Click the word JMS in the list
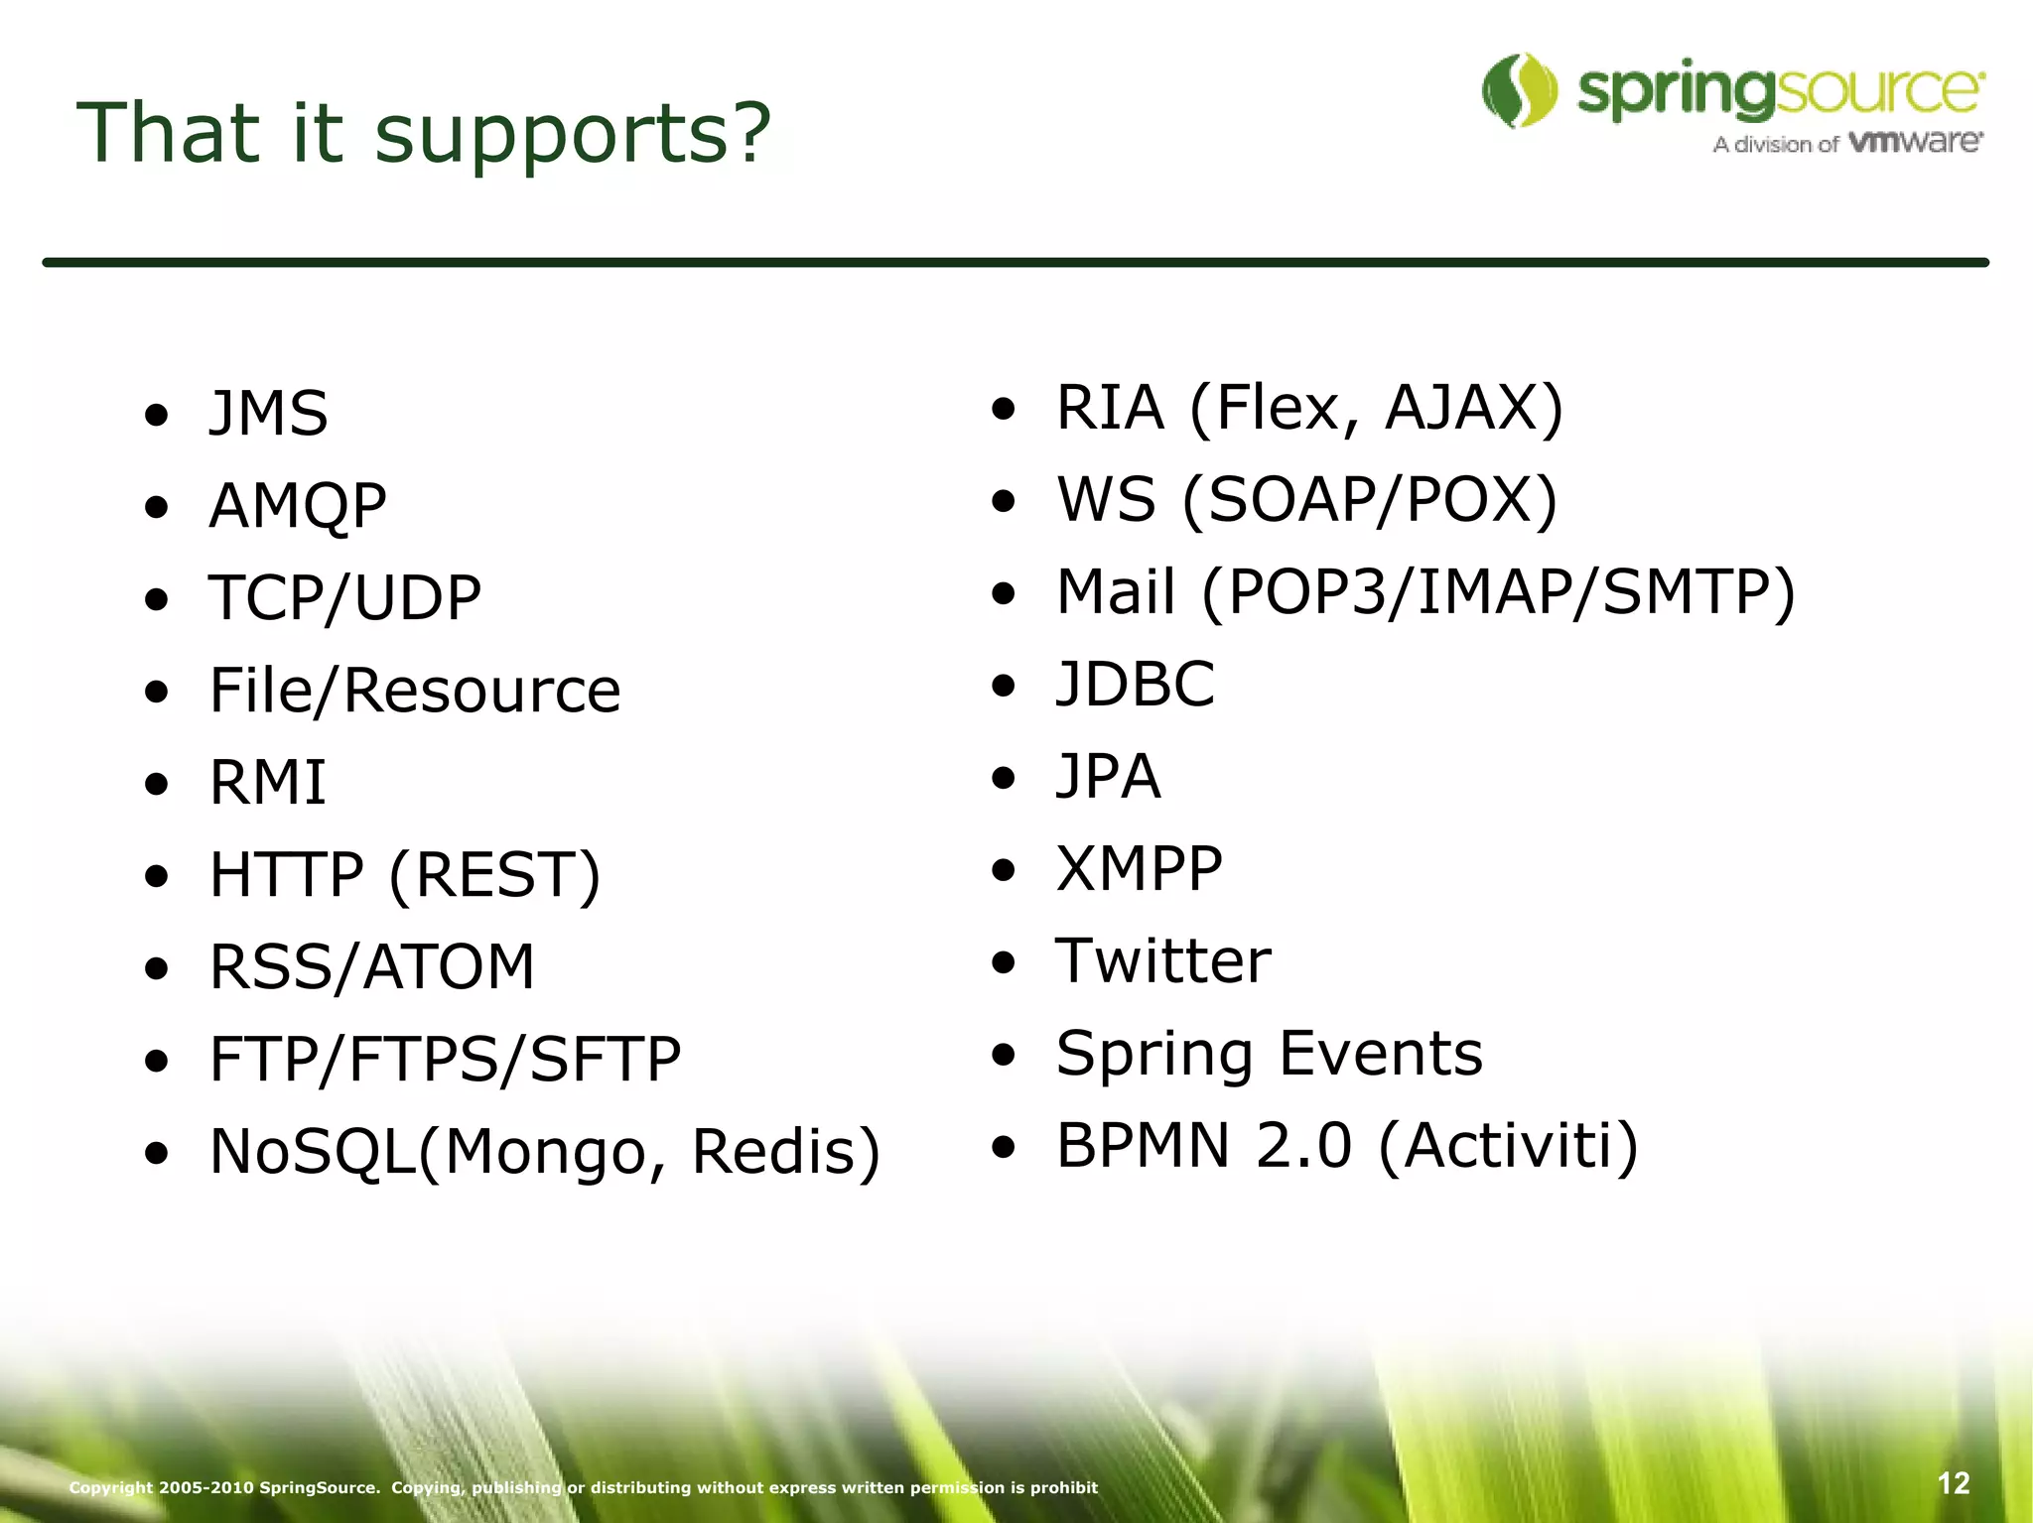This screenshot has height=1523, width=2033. (x=268, y=414)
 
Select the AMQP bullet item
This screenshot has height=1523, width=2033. (x=297, y=506)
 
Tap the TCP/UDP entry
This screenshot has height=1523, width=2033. (x=344, y=598)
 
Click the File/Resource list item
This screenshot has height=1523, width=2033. (x=414, y=691)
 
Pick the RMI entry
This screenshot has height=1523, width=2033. (x=267, y=783)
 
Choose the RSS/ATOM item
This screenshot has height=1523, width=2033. (x=371, y=967)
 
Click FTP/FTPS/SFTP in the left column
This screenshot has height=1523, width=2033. (x=445, y=1059)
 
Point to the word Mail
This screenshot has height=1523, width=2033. (x=1115, y=592)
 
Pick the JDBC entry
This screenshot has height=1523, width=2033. (x=1135, y=685)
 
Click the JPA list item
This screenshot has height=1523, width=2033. (x=1108, y=777)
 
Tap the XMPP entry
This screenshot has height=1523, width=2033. (x=1139, y=869)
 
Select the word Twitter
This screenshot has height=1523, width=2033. (x=1162, y=961)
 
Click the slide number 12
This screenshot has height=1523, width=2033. (x=1953, y=1484)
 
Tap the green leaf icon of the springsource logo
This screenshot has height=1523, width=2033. (x=1519, y=91)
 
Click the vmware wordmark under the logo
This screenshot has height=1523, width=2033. (x=1916, y=142)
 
